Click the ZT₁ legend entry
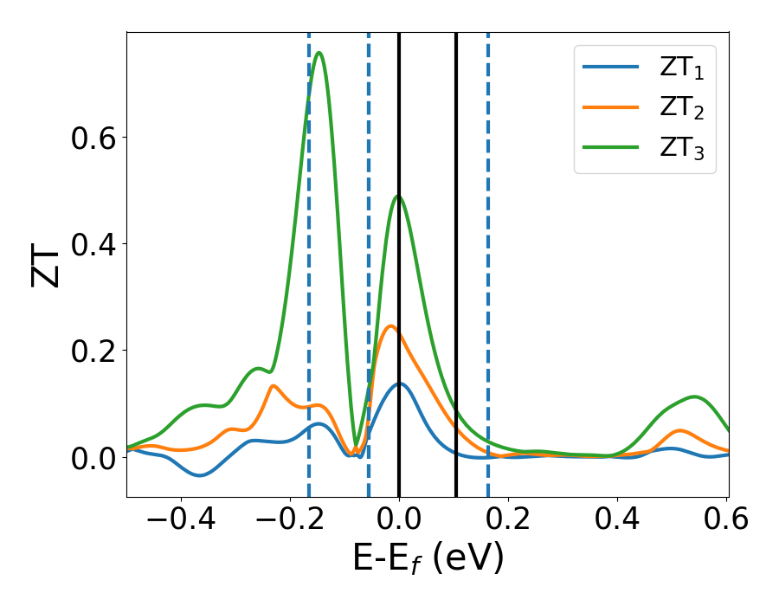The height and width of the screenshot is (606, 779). click(x=645, y=67)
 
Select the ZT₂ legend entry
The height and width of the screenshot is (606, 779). click(x=645, y=108)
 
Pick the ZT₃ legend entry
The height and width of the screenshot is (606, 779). click(x=645, y=150)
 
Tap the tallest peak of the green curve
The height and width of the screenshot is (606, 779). click(x=319, y=53)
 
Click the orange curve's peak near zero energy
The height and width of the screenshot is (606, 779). click(x=391, y=326)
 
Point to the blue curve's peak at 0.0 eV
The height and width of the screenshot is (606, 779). click(x=399, y=384)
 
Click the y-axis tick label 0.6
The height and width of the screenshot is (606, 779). click(x=93, y=138)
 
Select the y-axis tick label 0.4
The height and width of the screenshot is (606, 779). click(x=93, y=244)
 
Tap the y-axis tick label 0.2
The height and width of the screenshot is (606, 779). click(x=93, y=351)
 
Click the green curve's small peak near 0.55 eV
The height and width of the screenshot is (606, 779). click(x=695, y=396)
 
